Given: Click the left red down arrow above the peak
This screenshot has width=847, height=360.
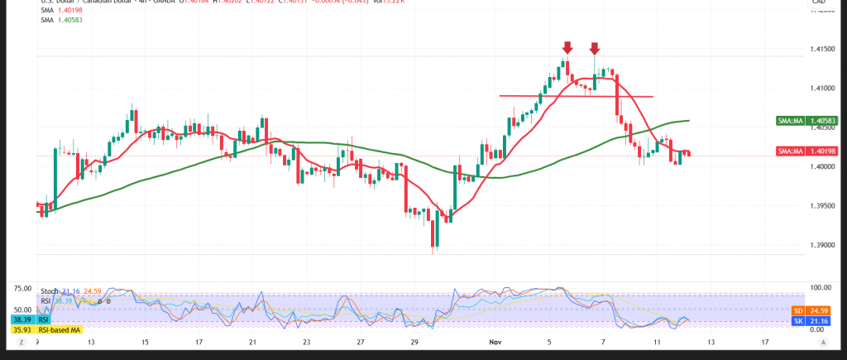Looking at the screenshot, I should pos(567,47).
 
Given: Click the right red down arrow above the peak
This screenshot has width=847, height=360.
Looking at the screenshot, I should pos(595,47).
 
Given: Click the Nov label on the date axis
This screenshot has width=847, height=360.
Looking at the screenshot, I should pos(495,341).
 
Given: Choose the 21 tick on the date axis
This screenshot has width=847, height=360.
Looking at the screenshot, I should pos(252,341).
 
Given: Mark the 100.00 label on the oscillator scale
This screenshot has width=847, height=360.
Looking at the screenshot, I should pos(818,288).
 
